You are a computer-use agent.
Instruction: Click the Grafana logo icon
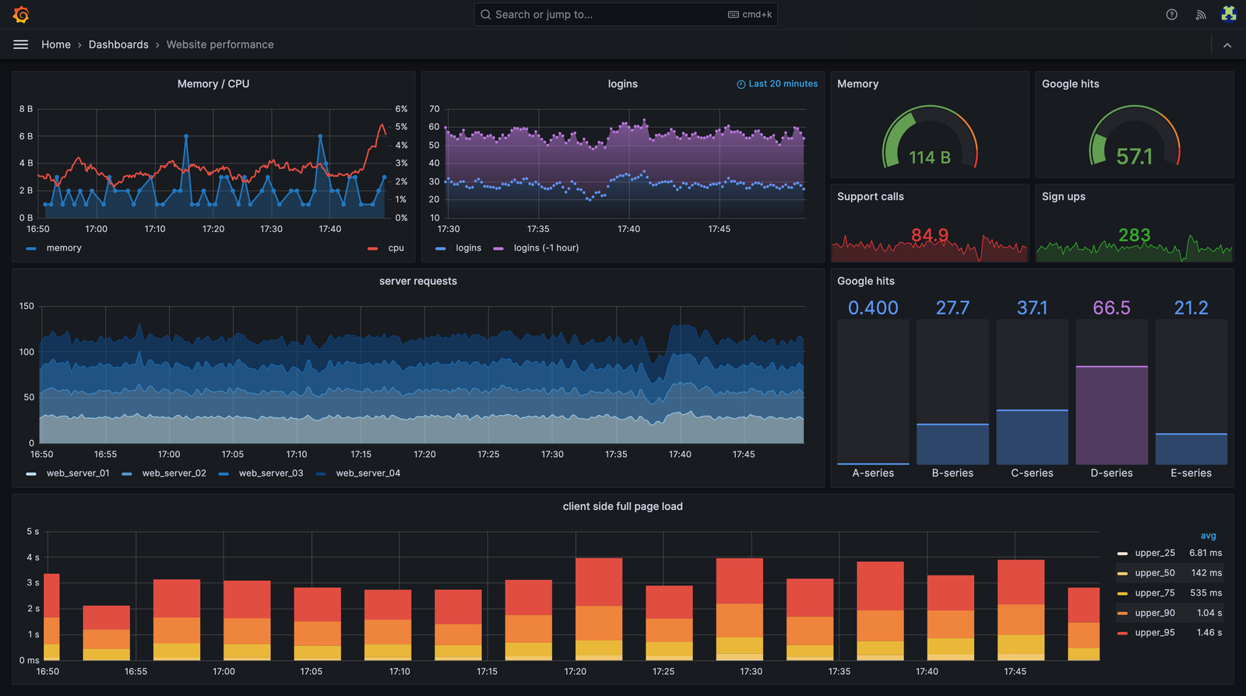(x=21, y=14)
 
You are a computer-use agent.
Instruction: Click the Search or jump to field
(x=607, y=14)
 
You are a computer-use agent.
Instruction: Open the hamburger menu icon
(x=21, y=44)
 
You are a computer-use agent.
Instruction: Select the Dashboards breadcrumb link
(x=118, y=44)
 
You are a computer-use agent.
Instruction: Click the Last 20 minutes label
(x=782, y=84)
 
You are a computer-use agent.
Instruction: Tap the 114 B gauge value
(x=929, y=157)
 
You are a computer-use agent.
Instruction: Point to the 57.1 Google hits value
(x=1134, y=156)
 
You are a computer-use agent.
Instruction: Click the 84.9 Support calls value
(x=930, y=234)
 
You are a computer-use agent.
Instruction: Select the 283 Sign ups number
(x=1134, y=234)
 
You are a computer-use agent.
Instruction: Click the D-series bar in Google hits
(x=1111, y=414)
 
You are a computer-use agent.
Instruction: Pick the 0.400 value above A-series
(x=873, y=308)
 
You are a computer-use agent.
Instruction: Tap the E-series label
(x=1191, y=473)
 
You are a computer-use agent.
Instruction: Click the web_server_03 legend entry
(x=270, y=473)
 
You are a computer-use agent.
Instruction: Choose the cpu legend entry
(x=396, y=248)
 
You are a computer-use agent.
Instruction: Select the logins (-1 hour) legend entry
(x=545, y=248)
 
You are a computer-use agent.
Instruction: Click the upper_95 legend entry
(x=1154, y=632)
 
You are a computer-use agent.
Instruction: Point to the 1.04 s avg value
(x=1209, y=613)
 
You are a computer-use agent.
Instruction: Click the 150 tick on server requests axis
(x=26, y=306)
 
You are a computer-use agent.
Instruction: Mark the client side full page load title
(x=622, y=506)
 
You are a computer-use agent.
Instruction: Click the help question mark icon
(x=1171, y=14)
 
